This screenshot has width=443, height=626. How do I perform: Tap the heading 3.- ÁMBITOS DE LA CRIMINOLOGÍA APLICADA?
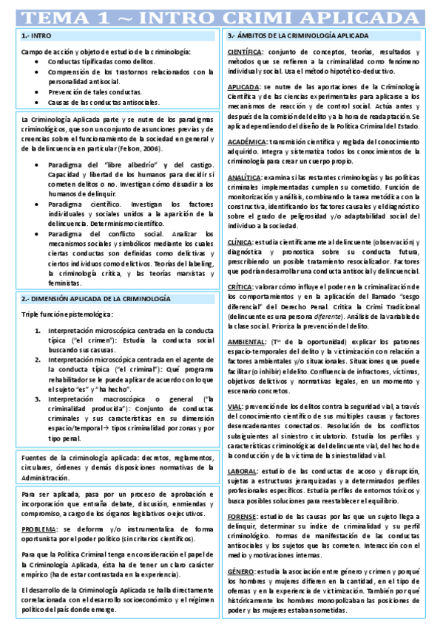point(297,35)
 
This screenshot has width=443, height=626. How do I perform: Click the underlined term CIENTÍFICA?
point(244,52)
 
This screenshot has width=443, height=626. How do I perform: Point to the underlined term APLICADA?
point(243,87)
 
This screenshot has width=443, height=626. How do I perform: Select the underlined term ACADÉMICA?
point(245,142)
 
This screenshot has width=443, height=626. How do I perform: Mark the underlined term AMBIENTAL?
point(246,342)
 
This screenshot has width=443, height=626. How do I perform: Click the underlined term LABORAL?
point(242,470)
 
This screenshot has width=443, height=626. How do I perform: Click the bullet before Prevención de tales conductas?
point(38,92)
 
